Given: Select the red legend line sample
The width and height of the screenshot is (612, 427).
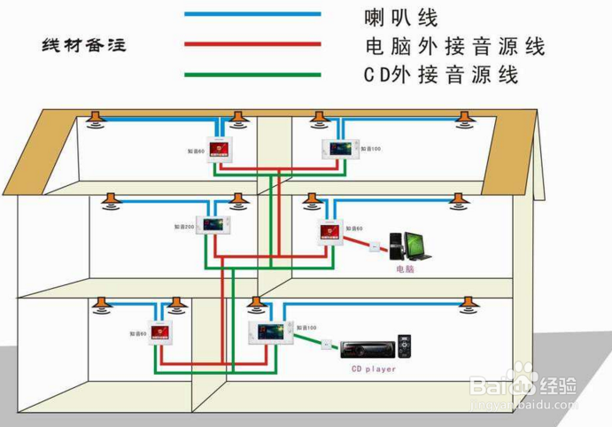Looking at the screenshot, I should click(x=252, y=43).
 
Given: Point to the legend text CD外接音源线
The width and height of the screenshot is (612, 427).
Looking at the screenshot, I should click(x=440, y=75).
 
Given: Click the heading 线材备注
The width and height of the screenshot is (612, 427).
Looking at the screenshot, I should click(x=84, y=45).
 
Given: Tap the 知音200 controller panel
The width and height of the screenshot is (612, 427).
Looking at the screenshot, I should click(x=213, y=227).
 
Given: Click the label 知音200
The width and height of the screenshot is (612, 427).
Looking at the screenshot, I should click(x=183, y=228).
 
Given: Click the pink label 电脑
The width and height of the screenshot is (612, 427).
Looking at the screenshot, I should click(x=405, y=268).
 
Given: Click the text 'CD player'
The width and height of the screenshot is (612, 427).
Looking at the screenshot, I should click(x=374, y=369).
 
